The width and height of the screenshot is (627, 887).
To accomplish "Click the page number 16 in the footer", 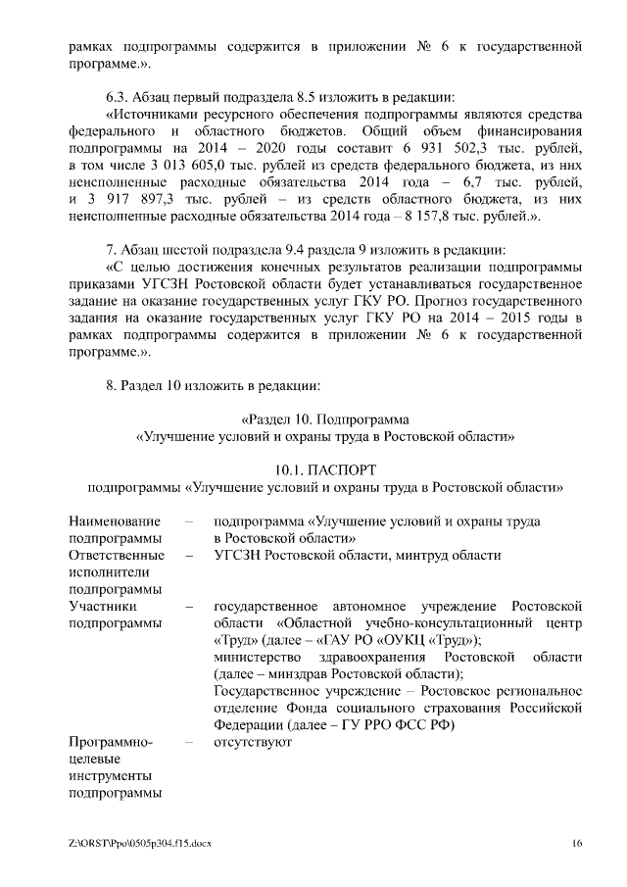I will [x=578, y=842].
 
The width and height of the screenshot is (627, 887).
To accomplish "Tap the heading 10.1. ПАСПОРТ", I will [x=325, y=469].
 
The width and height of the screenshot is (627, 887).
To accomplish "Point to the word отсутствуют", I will [x=253, y=742].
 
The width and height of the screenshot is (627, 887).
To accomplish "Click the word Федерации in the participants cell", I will [x=248, y=724].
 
